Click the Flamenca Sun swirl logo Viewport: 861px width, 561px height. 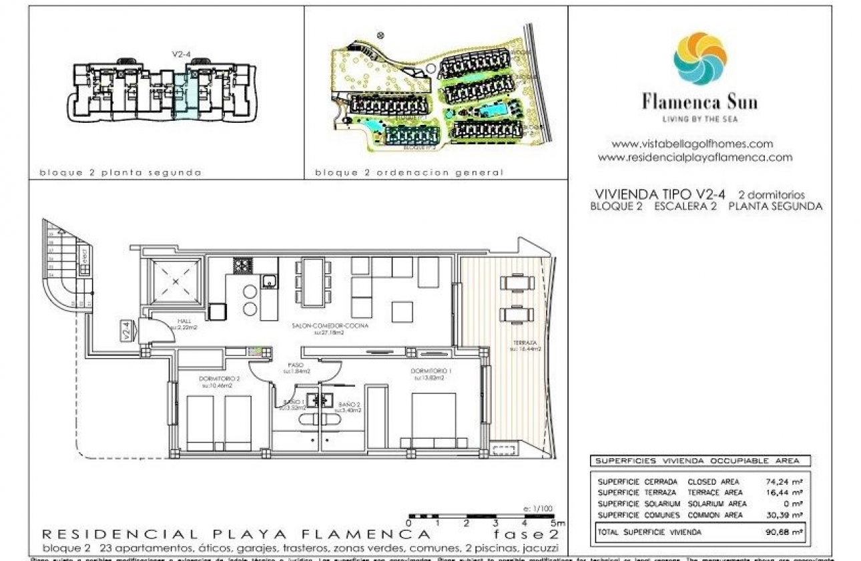tap(699, 59)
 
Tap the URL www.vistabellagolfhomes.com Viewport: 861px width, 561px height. tap(692, 144)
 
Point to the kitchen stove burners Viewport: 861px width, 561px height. tap(242, 265)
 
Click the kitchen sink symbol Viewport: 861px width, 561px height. tap(269, 281)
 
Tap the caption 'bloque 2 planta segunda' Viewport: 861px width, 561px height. tap(120, 172)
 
